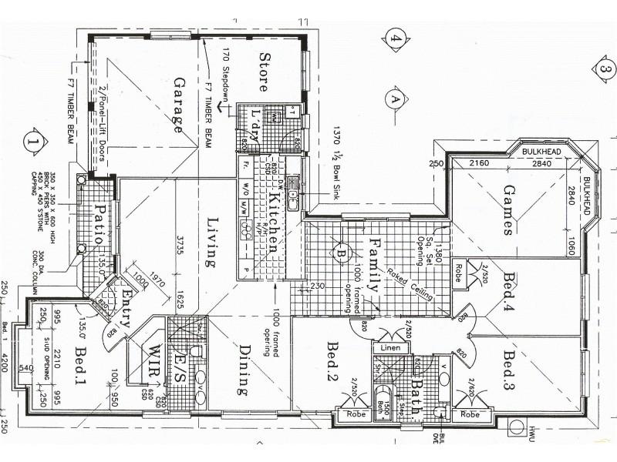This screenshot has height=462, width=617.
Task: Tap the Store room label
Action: click(x=264, y=72)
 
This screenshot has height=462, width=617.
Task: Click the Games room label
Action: click(x=508, y=209)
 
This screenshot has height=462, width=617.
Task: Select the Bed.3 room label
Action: click(x=508, y=370)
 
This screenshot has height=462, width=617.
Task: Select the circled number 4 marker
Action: click(x=396, y=38)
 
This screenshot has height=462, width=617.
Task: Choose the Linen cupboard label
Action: click(x=389, y=349)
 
